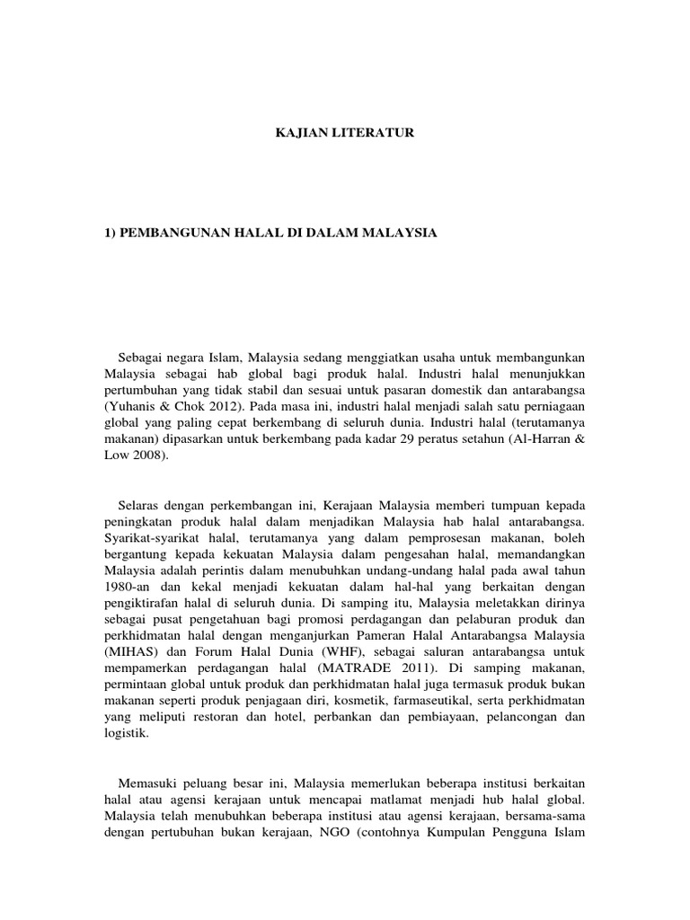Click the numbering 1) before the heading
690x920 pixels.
pyautogui.click(x=111, y=233)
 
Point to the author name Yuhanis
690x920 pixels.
pyautogui.click(x=134, y=405)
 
